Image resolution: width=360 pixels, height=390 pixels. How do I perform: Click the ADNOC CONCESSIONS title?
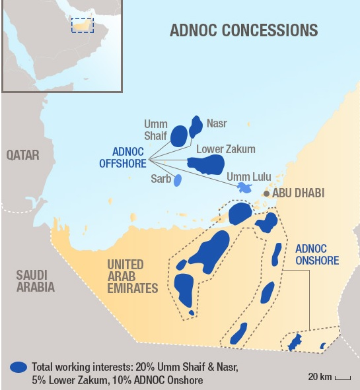[x=244, y=30]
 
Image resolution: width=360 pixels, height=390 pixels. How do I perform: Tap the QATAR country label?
[x=22, y=155]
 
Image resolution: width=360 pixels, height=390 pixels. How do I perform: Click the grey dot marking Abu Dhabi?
[x=266, y=194]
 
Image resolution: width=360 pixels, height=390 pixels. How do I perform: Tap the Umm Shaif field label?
[x=157, y=129]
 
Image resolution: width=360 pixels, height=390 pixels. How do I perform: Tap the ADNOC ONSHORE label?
[x=316, y=255]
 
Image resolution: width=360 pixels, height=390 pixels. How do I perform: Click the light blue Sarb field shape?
[x=177, y=180]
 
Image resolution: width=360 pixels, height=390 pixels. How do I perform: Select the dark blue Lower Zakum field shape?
[x=205, y=163]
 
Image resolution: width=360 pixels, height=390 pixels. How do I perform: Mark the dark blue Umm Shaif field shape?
[x=179, y=135]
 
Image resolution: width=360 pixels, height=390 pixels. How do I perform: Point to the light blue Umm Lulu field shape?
[x=244, y=188]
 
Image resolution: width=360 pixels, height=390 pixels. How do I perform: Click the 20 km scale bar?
[x=342, y=378]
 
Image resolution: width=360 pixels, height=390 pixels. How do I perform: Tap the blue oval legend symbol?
[x=19, y=366]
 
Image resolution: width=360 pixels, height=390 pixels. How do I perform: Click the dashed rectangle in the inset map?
[x=83, y=25]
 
